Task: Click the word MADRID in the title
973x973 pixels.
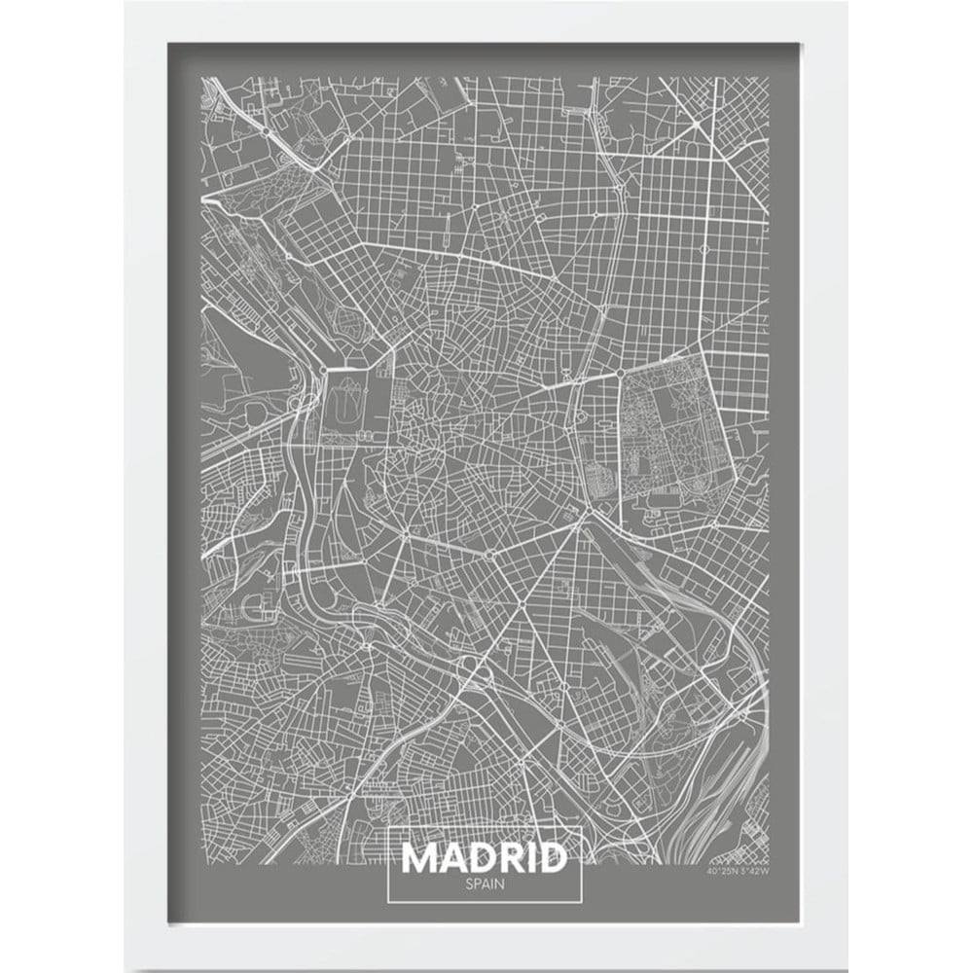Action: coord(484,859)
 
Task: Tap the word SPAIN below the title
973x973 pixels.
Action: coord(484,885)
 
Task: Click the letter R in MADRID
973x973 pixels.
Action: coord(507,859)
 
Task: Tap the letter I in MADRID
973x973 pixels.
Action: coord(527,859)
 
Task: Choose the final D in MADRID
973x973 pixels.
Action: coord(550,859)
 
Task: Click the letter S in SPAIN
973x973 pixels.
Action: coord(468,885)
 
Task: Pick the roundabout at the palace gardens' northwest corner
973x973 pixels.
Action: coord(322,371)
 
